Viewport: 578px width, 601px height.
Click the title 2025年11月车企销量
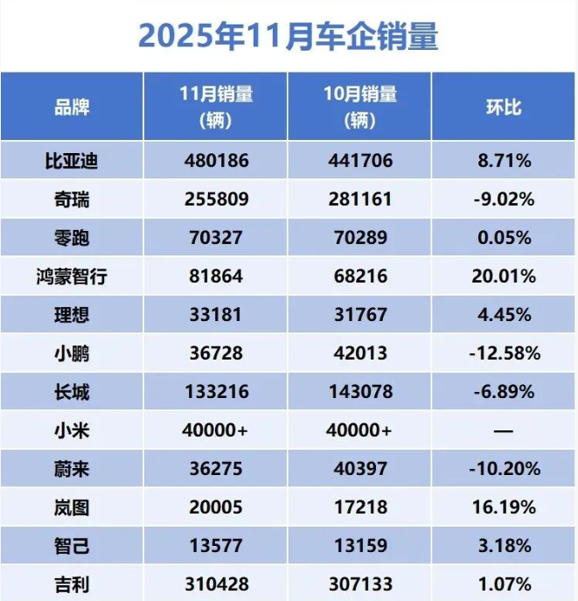289,37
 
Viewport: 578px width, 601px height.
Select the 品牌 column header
72,108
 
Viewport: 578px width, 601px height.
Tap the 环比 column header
504,108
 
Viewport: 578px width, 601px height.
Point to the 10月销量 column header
359,107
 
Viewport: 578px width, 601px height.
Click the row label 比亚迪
72,161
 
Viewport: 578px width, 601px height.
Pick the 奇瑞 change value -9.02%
504,199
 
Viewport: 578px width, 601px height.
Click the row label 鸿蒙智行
72,277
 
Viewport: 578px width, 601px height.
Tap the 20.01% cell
504,277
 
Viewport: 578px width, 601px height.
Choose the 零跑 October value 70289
359,238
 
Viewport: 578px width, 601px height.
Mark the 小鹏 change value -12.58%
504,354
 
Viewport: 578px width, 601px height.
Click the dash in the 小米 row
504,430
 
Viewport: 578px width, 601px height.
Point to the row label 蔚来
72,470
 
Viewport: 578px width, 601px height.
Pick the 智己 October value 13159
359,547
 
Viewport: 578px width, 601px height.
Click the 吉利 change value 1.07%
504,584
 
